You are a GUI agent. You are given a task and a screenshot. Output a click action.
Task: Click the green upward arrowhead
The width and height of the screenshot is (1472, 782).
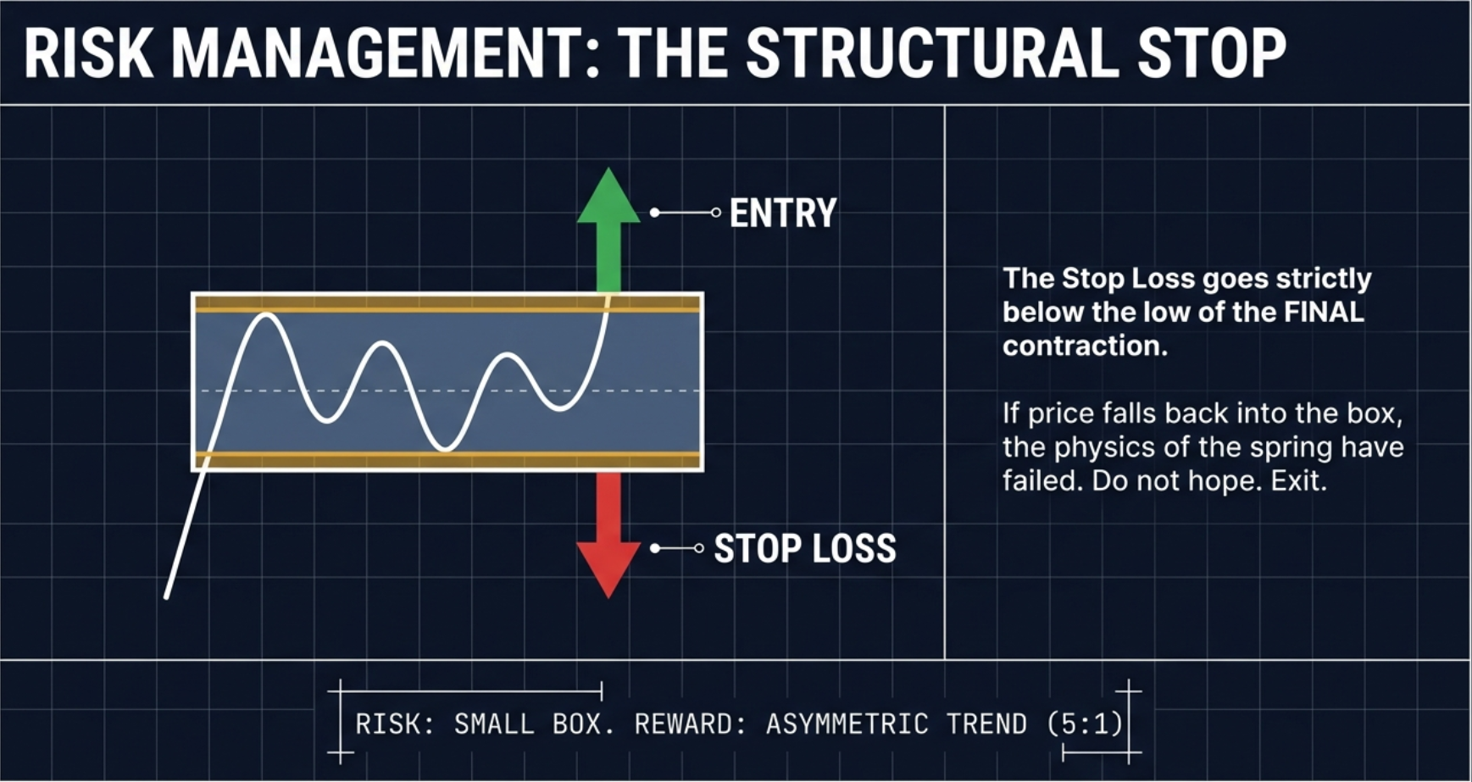pos(608,199)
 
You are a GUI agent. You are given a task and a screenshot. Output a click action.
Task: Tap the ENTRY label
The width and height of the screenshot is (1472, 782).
pos(783,213)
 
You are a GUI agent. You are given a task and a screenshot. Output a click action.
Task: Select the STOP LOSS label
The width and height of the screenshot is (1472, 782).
pos(805,549)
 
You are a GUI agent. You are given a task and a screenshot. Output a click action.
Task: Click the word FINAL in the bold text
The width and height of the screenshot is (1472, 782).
pos(1324,312)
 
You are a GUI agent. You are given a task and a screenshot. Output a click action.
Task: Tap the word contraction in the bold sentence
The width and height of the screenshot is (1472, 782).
pos(1085,346)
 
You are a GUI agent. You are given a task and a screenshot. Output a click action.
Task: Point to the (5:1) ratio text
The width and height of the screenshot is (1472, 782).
pos(1085,724)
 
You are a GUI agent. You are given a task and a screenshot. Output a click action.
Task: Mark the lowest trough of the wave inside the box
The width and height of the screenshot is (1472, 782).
pos(445,448)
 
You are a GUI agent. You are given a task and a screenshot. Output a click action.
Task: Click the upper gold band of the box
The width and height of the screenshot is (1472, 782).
pos(447,304)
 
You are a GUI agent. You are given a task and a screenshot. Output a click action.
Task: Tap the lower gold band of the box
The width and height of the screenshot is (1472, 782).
pos(447,460)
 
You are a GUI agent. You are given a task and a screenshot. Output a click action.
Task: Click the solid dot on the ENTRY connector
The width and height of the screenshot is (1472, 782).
pos(655,213)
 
